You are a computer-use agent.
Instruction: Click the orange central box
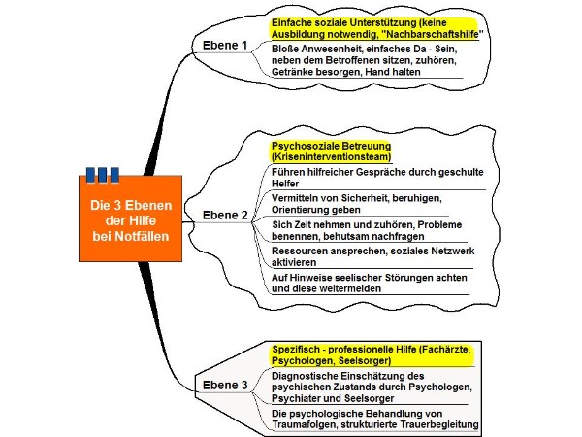(130, 218)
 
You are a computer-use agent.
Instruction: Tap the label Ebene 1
(225, 46)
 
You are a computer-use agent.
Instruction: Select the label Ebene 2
(225, 216)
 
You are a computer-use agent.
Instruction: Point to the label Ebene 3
(225, 385)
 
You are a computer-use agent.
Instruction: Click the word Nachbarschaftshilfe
(432, 34)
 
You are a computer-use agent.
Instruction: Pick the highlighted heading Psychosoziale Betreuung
(331, 146)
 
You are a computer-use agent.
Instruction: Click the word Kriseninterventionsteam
(331, 157)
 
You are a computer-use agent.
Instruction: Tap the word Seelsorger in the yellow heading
(365, 361)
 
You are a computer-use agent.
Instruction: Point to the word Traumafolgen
(305, 424)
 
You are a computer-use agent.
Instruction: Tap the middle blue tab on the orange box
(103, 175)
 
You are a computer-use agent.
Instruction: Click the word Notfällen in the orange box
(142, 236)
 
